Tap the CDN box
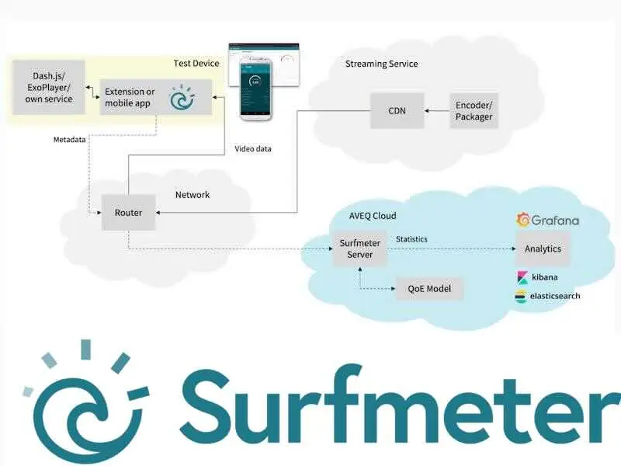tap(397, 111)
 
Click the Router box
tap(128, 213)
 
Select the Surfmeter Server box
tap(360, 249)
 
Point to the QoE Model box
tap(429, 290)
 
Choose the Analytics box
tap(543, 249)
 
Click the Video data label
tap(253, 149)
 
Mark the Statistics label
tap(411, 239)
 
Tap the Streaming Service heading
tap(381, 64)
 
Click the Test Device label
tap(196, 63)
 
